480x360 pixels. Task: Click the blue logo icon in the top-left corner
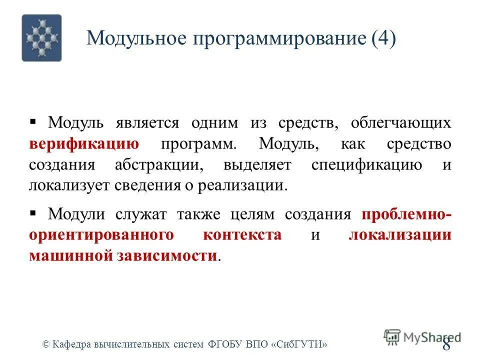pos(41,37)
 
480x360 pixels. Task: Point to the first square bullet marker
pos(33,121)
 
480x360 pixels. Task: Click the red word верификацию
pos(84,144)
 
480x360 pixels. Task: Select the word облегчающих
pos(401,123)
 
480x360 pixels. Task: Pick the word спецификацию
pos(366,165)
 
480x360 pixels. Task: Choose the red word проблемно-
pos(406,214)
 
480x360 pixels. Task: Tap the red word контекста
pos(242,235)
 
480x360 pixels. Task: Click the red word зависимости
pos(167,255)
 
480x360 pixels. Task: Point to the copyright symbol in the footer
pos(45,344)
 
